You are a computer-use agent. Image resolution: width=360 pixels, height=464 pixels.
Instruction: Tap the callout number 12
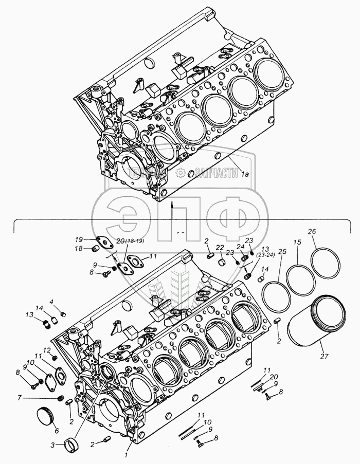click(x=47, y=350)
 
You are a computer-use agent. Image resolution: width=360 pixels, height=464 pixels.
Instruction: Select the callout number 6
click(x=57, y=431)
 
